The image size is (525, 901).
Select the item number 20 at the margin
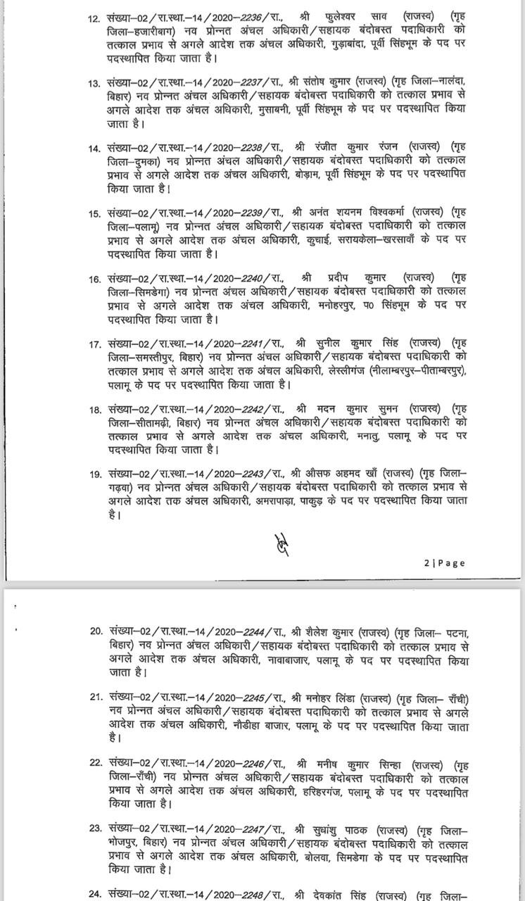(96, 631)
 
